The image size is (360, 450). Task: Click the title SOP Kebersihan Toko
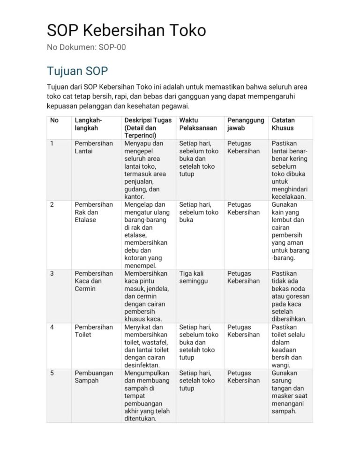coord(126,30)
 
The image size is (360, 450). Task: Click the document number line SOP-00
coord(87,47)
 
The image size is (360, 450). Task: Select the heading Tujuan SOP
coord(77,71)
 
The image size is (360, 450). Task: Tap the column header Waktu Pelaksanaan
coord(198,124)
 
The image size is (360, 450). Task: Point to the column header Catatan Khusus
coord(283,124)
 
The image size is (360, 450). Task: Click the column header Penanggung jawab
coord(246,124)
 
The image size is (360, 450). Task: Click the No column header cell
coord(54,120)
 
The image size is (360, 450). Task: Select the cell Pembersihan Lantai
coord(94,147)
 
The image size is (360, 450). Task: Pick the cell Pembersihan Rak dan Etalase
coord(94,212)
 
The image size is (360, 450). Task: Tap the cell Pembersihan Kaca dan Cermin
coord(94,281)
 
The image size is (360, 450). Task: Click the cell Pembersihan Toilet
coord(94,331)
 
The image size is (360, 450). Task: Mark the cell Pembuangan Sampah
coord(94,376)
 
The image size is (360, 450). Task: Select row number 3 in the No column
coord(52,273)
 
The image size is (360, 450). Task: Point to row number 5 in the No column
coord(52,373)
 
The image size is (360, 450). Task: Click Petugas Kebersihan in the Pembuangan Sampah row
coord(243,376)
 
